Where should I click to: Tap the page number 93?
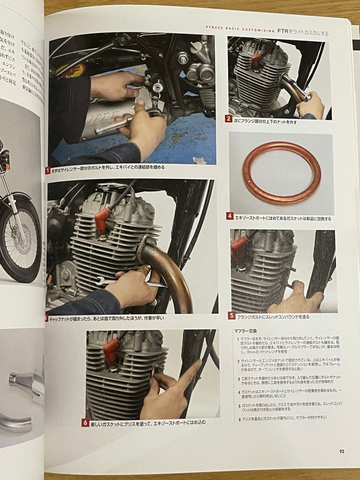[341, 451]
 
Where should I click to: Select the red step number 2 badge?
[228, 119]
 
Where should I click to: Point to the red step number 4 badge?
[230, 216]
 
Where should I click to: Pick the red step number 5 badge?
[232, 316]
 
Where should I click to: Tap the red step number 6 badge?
[85, 423]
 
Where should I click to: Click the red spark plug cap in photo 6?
[111, 352]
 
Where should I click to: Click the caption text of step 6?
[149, 423]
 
